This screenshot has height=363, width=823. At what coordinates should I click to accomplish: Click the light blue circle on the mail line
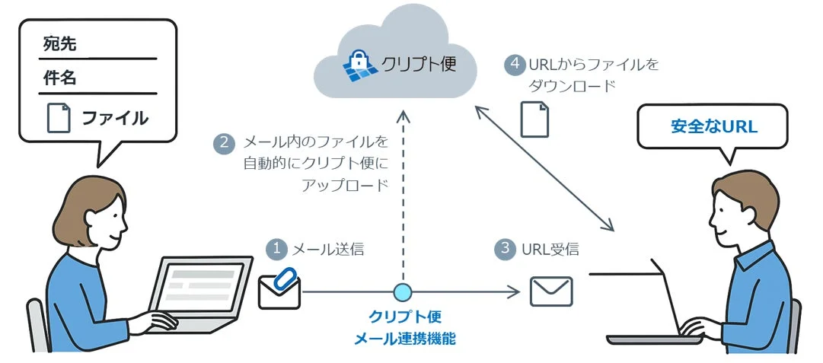coord(402,291)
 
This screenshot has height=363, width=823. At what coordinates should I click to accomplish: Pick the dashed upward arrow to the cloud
coord(404,198)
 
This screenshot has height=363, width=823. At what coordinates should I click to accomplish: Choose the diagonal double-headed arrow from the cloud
coord(544,168)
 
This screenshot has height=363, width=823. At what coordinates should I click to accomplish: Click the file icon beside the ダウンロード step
coord(534,119)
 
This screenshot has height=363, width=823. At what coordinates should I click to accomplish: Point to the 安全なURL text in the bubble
coord(713,126)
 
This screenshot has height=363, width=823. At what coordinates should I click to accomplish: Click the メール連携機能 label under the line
coord(404,339)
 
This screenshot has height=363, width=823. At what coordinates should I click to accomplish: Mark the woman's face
coord(107,221)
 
